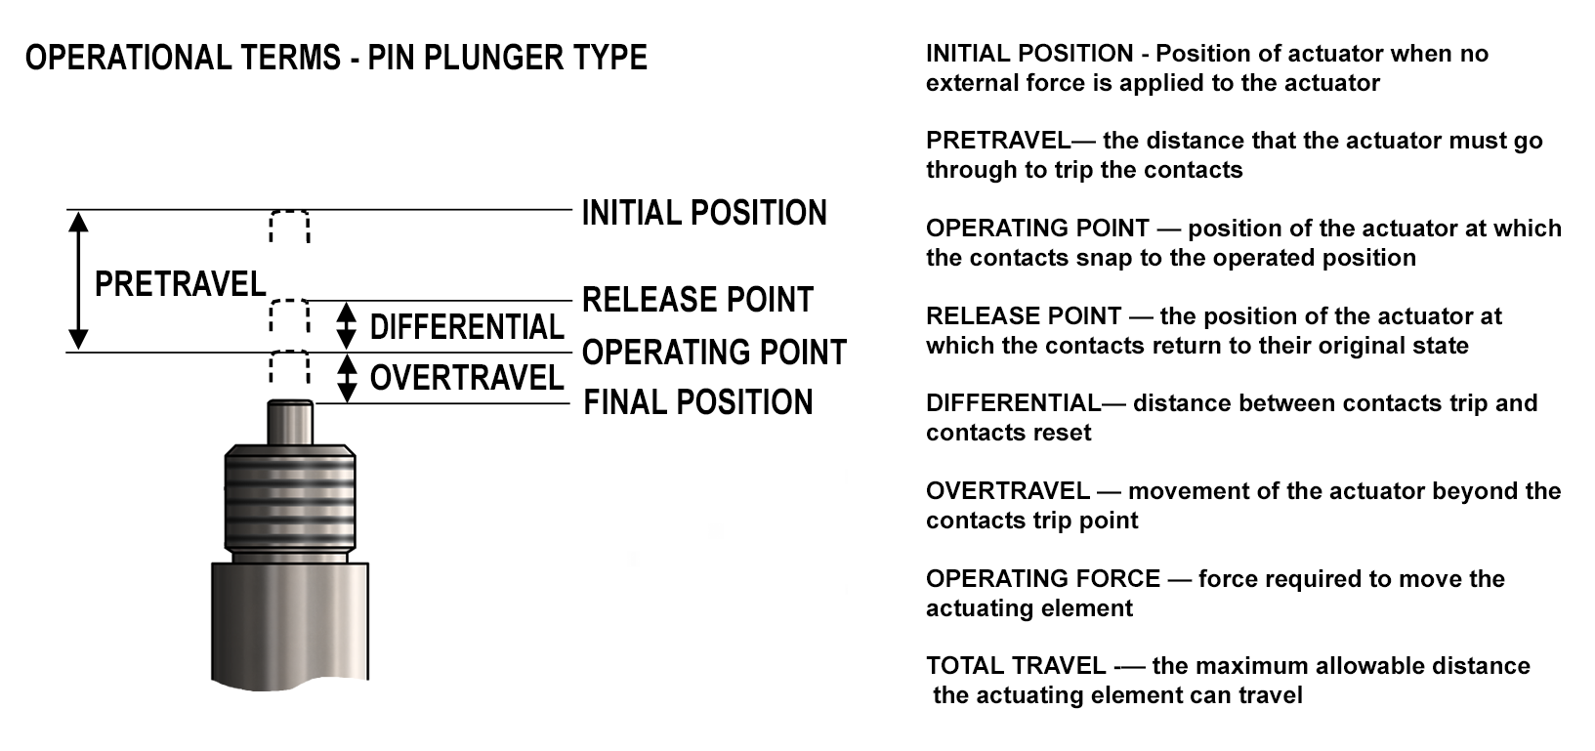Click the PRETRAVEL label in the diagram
coord(180,285)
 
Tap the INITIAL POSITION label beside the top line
coord(704,213)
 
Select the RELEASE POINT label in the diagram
coord(697,300)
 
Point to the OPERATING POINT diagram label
coord(714,353)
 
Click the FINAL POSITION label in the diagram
coord(697,402)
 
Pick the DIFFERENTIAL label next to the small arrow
coord(467,327)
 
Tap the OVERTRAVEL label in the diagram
coord(467,378)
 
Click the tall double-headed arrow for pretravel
coord(78,281)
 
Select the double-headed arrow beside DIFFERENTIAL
coord(346,326)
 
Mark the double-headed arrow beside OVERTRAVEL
coord(347,379)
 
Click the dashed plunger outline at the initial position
coord(289,227)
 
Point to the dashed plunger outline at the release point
coord(289,316)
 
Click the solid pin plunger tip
coord(290,422)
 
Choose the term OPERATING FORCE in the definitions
coord(1043,579)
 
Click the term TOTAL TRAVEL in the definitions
coord(1016,666)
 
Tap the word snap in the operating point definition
coord(1103,259)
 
